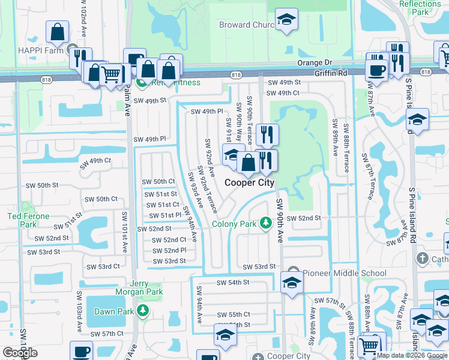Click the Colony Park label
click(x=234, y=224)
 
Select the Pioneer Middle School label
click(x=345, y=273)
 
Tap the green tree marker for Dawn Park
click(x=143, y=310)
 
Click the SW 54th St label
click(x=232, y=282)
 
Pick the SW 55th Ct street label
click(x=234, y=314)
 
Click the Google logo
click(x=20, y=353)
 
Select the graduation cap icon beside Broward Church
click(x=286, y=20)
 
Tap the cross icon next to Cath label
click(x=422, y=259)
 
